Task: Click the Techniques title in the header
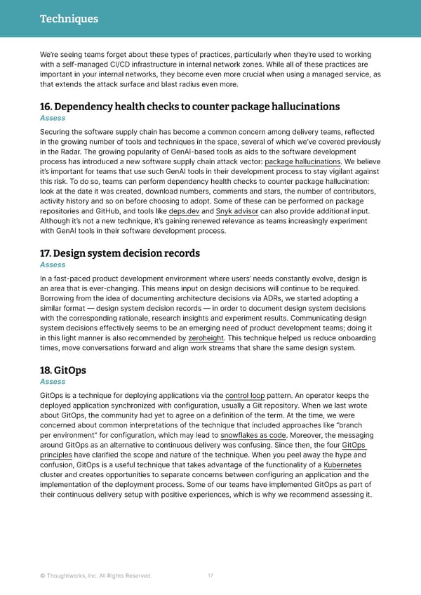coord(69,19)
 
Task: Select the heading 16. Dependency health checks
coord(190,107)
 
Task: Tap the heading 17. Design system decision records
coord(120,253)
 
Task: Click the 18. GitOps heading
coord(64,370)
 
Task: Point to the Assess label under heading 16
coord(53,119)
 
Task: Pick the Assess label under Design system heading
coord(53,265)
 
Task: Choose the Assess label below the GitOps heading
coord(53,382)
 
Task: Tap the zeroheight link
coord(206,337)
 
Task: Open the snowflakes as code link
coord(253,435)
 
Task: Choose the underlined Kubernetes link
coord(342,464)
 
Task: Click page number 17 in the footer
coord(210,577)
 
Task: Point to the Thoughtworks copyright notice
coord(95,577)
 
